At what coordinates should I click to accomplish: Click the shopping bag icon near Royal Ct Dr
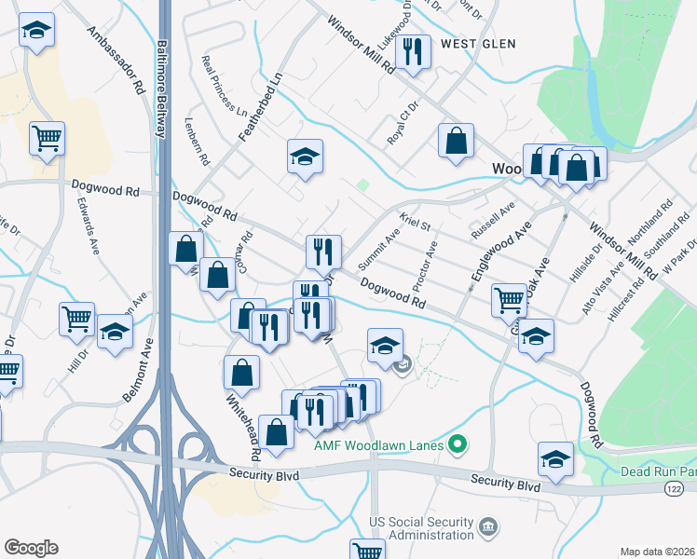point(457,142)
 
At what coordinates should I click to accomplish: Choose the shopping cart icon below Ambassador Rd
point(47,139)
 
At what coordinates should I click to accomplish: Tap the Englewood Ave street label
point(488,252)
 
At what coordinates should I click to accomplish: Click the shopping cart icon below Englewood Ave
point(509,299)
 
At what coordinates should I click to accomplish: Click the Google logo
point(31,547)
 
